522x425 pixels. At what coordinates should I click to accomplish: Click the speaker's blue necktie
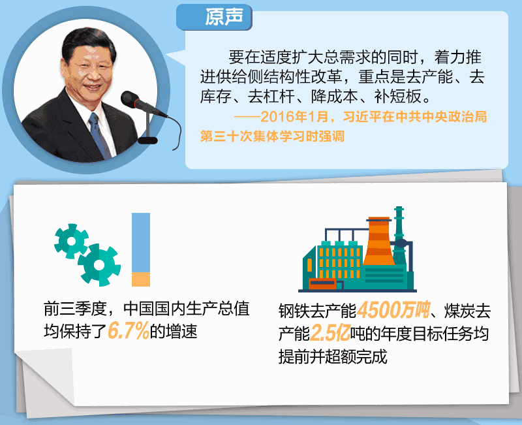pos(99,134)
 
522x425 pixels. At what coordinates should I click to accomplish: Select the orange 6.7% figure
pos(129,331)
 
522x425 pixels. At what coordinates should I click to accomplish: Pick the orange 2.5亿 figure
pos(330,333)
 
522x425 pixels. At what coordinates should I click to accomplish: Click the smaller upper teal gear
pos(71,241)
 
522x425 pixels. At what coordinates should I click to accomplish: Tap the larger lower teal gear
pos(99,265)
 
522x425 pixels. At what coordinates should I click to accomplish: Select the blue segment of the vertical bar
pos(141,242)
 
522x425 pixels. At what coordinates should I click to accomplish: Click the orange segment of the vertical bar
pos(141,279)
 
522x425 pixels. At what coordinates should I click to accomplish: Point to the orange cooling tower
pos(379,241)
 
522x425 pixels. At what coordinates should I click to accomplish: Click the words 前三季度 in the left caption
pos(75,308)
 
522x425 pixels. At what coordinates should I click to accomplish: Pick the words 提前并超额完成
pos(333,356)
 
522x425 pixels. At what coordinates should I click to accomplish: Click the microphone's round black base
pos(147,140)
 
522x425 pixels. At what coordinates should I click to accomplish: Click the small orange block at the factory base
pos(322,284)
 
